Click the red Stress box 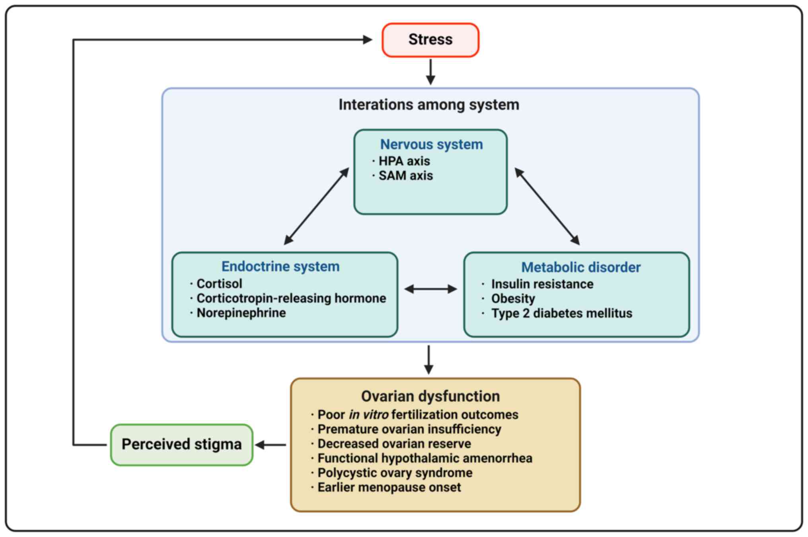click(430, 40)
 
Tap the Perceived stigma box click(181, 444)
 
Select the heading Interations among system click(429, 105)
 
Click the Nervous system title click(431, 144)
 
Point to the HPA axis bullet click(404, 161)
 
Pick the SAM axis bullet click(405, 176)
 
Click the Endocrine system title click(280, 266)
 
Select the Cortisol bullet click(219, 283)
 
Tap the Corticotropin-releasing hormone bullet click(291, 298)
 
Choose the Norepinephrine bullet click(241, 313)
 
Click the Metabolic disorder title click(581, 267)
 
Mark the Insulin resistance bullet click(542, 284)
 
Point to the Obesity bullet click(513, 299)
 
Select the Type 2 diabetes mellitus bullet click(561, 313)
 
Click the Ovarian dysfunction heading click(430, 396)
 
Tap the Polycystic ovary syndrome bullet click(395, 473)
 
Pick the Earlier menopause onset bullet click(389, 487)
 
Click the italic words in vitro click(368, 415)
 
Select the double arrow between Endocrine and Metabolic click(430, 289)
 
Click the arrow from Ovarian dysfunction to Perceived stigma click(271, 445)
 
